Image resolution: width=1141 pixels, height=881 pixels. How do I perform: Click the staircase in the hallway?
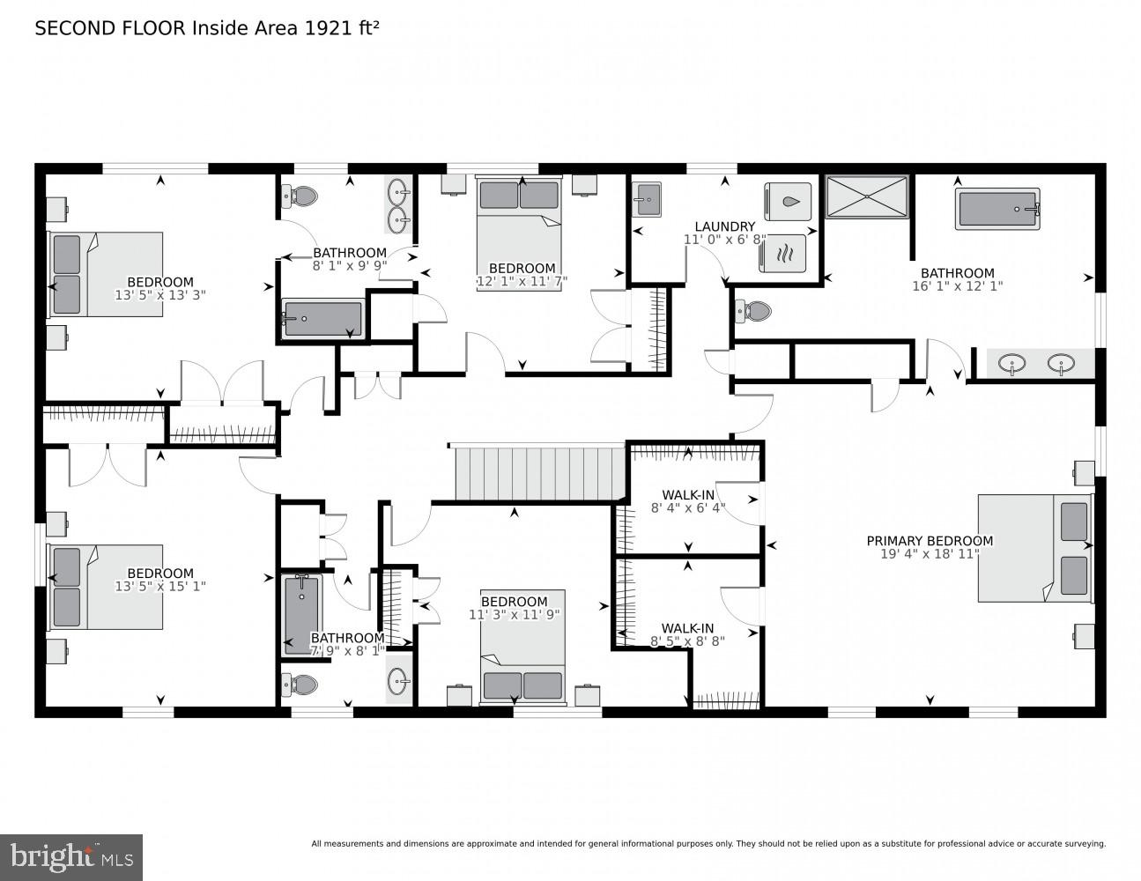click(x=532, y=474)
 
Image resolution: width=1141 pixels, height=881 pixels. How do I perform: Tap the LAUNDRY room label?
click(x=724, y=226)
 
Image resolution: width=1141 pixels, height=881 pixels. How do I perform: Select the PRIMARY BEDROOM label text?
click(x=930, y=541)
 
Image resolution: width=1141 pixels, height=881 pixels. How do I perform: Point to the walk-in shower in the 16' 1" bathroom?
click(x=866, y=196)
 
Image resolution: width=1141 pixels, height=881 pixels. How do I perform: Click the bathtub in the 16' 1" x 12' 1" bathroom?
click(x=998, y=210)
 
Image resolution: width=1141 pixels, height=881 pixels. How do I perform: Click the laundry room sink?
click(x=647, y=199)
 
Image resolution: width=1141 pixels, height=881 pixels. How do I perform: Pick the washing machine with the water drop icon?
click(x=791, y=202)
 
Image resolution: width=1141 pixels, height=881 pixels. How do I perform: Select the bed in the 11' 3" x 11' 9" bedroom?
click(x=522, y=648)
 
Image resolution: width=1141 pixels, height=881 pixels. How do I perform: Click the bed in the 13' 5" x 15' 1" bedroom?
click(x=107, y=587)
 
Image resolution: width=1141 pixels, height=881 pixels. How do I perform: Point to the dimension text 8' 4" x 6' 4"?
click(x=688, y=507)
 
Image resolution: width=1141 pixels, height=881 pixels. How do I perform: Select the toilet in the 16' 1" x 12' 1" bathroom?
click(x=753, y=311)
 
